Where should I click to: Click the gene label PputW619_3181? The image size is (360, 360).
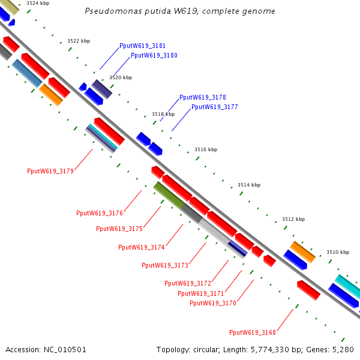pos(142,46)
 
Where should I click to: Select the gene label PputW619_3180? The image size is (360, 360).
pos(154,55)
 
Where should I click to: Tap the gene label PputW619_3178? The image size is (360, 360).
pos(203,97)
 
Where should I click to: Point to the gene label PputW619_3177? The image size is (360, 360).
pos(215,107)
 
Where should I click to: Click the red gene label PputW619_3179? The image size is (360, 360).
pos(50,171)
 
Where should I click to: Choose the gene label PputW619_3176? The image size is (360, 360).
pos(100,213)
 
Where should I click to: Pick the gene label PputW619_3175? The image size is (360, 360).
pos(119,229)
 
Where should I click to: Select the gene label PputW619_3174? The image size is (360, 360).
pos(142,247)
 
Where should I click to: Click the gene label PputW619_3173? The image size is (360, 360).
pos(165,265)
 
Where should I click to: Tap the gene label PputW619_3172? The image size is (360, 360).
pos(188,283)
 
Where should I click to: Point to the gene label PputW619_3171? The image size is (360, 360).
pos(201,293)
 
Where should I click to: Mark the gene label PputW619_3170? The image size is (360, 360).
pos(213,303)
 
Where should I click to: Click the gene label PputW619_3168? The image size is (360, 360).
pos(253,332)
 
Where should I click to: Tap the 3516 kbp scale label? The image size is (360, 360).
pos(206,149)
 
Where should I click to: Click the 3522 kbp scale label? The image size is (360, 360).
pos(79,41)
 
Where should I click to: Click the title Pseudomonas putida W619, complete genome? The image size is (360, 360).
pos(180,11)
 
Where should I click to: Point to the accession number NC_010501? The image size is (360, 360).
pos(46,349)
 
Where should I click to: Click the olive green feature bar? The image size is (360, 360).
pos(168,194)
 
